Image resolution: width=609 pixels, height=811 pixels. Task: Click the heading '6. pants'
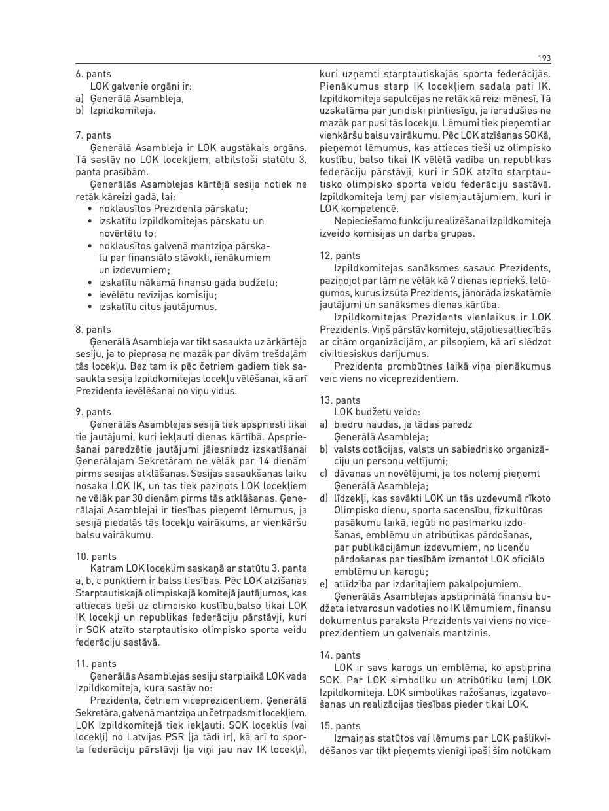[94, 75]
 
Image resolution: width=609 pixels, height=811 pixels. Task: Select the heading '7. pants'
[94, 136]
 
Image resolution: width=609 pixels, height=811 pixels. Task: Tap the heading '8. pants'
[94, 330]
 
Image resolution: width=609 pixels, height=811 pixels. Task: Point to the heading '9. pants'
[94, 412]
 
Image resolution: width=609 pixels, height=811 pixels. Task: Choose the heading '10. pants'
[96, 557]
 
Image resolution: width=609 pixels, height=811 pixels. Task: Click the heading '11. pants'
[96, 664]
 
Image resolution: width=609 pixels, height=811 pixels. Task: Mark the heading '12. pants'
[340, 256]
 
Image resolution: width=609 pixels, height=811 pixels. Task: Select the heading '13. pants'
[340, 400]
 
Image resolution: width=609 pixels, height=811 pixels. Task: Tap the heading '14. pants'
[340, 655]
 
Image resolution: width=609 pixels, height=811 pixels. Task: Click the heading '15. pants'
[340, 726]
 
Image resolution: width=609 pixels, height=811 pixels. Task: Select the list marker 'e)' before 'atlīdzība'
[323, 584]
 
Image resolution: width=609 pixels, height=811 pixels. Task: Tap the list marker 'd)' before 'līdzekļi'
[324, 498]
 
